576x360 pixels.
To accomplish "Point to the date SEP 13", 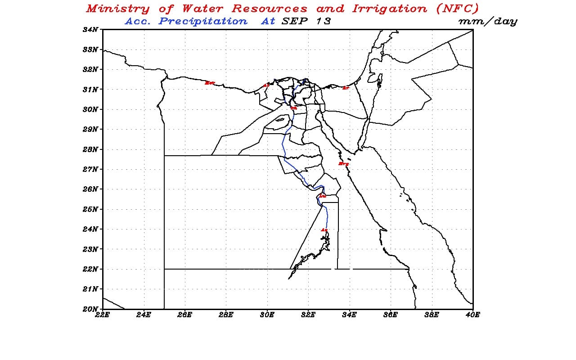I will coord(306,21).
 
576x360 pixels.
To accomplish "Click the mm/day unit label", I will coord(488,22).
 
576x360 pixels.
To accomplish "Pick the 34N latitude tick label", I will coord(90,30).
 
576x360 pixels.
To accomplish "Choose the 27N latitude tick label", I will coord(90,169).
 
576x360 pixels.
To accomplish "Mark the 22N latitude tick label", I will coord(90,269).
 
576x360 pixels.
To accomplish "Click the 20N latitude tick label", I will coord(90,309).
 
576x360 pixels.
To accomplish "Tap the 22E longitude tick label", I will coord(103,315).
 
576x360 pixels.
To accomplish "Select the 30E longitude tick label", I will coord(267,315).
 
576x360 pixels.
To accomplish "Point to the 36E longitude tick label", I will coord(391,315).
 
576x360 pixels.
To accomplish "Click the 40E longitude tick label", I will coord(472,315).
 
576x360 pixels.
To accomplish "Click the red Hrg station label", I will coord(344,164).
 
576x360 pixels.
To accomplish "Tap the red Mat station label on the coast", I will coord(210,83).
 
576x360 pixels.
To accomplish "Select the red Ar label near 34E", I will coord(345,88).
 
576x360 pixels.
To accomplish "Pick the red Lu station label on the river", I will coord(322,196).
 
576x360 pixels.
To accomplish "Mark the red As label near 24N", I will coord(324,230).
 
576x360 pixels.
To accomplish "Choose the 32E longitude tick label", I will coord(308,315).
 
